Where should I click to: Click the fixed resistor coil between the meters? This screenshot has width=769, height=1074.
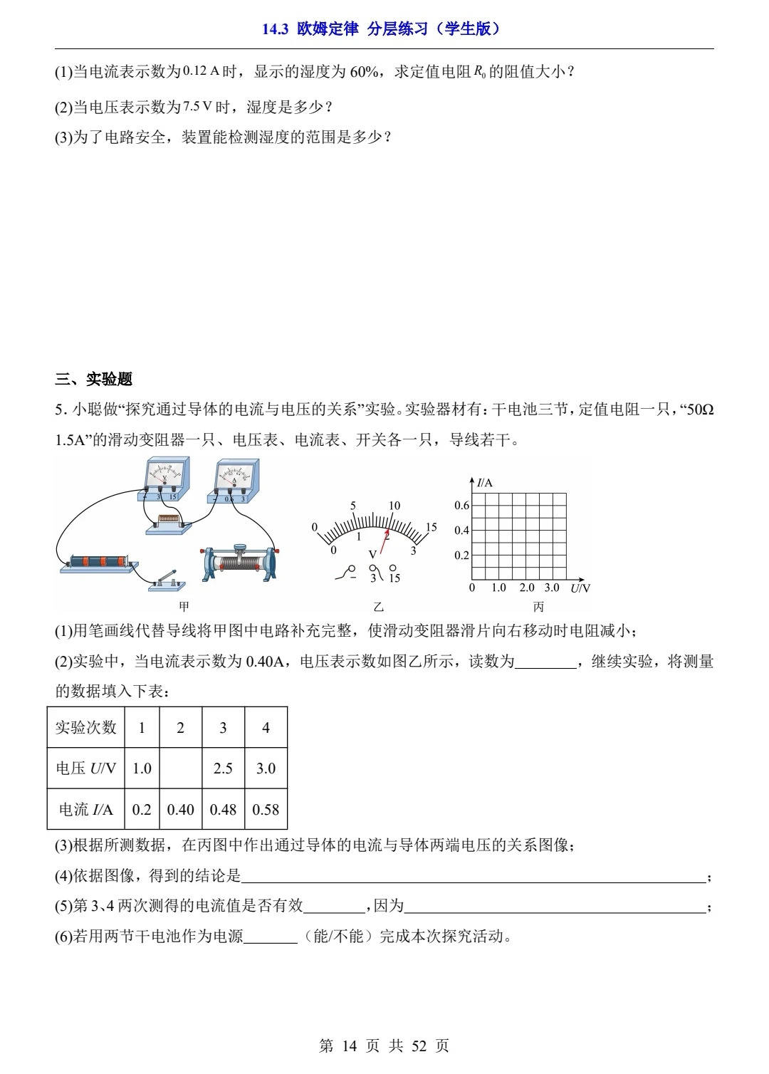click(x=168, y=521)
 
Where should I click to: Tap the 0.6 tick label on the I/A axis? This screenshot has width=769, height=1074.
click(x=462, y=506)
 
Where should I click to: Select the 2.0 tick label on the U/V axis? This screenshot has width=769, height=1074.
click(x=526, y=588)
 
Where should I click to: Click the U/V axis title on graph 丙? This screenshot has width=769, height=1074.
click(x=580, y=588)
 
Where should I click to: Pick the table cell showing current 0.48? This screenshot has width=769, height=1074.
click(x=223, y=810)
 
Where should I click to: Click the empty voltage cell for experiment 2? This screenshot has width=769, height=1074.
click(x=180, y=768)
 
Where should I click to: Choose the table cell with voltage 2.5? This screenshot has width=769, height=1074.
click(x=223, y=768)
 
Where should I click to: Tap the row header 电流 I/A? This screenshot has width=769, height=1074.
click(x=85, y=810)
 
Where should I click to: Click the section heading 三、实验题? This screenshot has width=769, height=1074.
click(x=94, y=379)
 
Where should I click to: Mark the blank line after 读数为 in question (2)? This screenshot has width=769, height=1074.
click(x=545, y=662)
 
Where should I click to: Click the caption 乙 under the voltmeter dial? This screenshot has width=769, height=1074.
click(x=378, y=608)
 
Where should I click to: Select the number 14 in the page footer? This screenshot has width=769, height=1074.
click(x=349, y=1046)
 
